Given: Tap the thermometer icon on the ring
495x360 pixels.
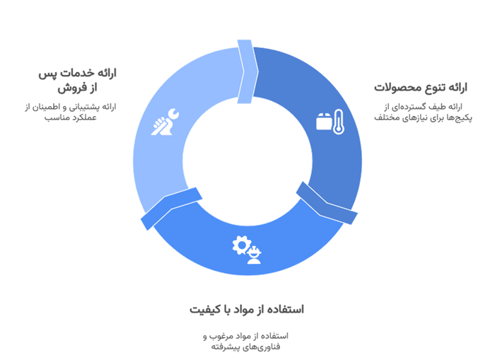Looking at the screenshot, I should pyautogui.click(x=339, y=122).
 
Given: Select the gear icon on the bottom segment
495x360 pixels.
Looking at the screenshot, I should pyautogui.click(x=241, y=245).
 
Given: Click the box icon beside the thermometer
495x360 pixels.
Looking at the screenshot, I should pyautogui.click(x=324, y=122).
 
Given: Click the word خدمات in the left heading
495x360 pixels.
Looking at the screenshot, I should pyautogui.click(x=74, y=74).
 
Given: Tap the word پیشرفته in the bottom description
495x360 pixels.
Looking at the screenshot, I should pyautogui.click(x=226, y=347).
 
